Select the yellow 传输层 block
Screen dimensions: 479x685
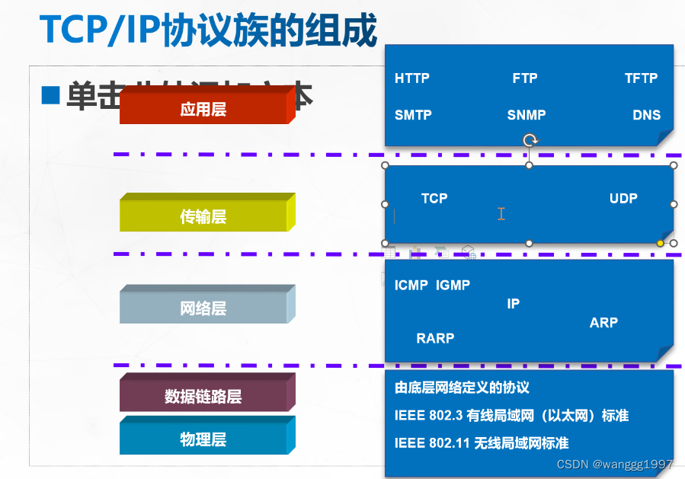tap(203, 217)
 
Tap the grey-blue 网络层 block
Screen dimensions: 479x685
tap(203, 308)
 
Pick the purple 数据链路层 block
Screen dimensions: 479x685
tap(203, 397)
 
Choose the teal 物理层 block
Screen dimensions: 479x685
tap(203, 439)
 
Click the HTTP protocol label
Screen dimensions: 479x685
tap(412, 78)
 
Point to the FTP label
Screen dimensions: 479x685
tap(525, 78)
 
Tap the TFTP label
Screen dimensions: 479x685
tap(641, 78)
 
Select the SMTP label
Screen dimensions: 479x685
tap(413, 115)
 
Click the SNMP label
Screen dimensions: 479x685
tap(527, 115)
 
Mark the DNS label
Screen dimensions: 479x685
tap(646, 115)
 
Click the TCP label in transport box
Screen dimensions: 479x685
tap(434, 198)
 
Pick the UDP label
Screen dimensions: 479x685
tap(623, 198)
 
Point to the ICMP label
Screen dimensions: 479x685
tap(411, 285)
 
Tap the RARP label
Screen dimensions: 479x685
tap(435, 338)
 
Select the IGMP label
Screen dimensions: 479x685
tap(453, 285)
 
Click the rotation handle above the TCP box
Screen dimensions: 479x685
tap(530, 140)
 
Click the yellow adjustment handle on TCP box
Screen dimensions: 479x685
tap(661, 243)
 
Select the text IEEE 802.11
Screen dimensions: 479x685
tap(432, 442)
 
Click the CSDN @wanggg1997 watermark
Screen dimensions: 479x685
tap(615, 464)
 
